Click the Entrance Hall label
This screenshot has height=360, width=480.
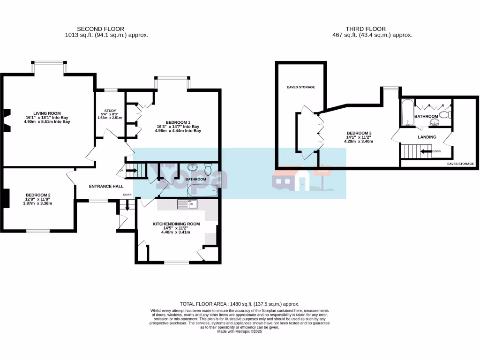coord(106,187)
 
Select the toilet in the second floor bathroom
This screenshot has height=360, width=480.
coord(209,168)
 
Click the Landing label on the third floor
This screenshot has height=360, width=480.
coord(427,137)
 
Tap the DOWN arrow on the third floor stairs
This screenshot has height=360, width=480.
coord(427,151)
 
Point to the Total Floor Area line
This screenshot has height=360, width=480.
coord(240,304)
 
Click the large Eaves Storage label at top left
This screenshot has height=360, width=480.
coord(300,87)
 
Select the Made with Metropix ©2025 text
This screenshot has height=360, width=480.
coord(240,331)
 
